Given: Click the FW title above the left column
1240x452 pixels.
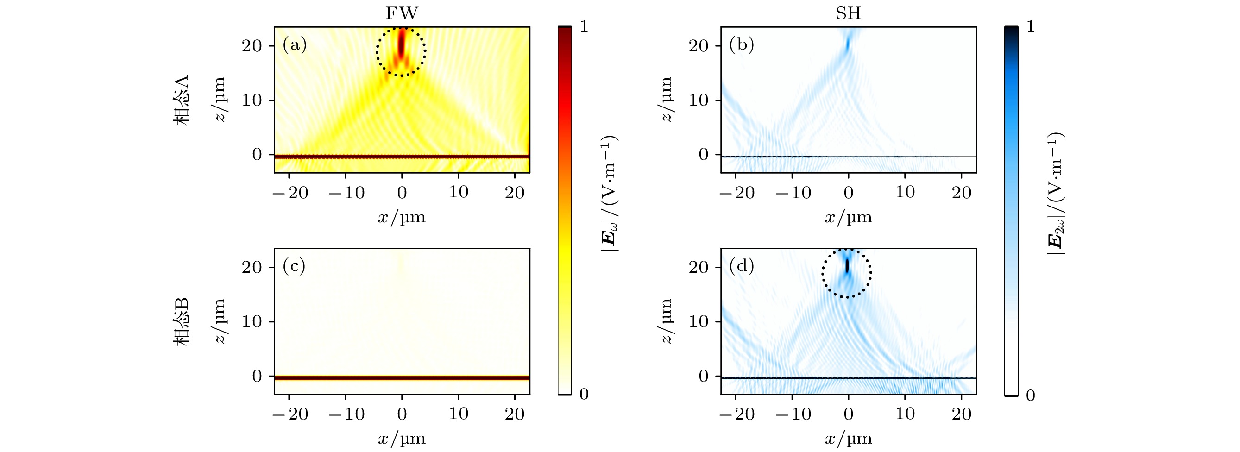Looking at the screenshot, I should [x=402, y=13].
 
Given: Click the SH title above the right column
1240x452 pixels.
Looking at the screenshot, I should [x=848, y=13].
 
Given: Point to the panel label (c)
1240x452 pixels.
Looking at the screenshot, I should [x=294, y=266].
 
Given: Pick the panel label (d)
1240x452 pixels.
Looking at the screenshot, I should [x=741, y=266].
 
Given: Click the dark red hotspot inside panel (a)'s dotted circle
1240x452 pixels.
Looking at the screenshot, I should [x=402, y=46].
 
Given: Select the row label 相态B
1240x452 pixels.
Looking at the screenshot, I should [x=182, y=321].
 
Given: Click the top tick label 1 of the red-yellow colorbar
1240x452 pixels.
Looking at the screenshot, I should [x=585, y=27].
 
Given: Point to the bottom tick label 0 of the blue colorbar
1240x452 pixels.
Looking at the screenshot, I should [x=1030, y=395].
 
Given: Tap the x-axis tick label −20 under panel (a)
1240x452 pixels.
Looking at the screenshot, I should [x=290, y=193].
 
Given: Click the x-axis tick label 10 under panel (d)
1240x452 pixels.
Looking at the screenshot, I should [x=905, y=414].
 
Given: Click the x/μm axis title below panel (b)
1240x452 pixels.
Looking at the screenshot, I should [x=848, y=218].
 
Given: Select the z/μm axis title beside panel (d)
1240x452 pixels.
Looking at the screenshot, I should [x=666, y=321].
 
